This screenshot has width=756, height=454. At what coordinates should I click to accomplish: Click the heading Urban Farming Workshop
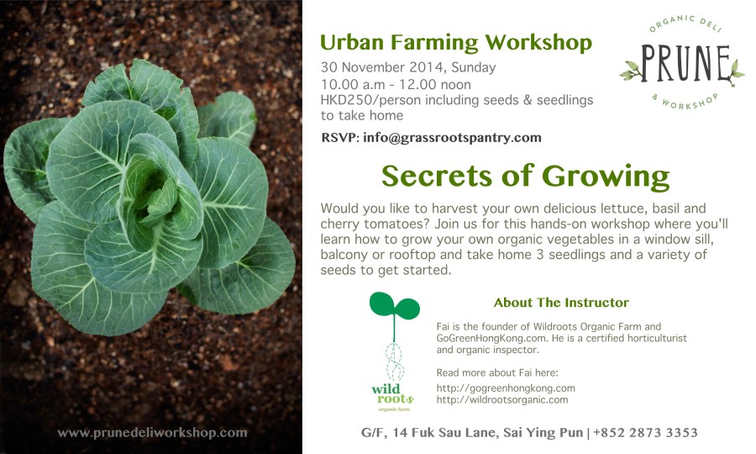click(456, 43)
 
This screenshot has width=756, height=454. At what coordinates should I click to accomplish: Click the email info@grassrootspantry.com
click(452, 137)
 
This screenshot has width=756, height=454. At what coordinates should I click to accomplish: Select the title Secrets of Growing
click(525, 176)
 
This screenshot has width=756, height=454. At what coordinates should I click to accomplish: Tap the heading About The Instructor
click(561, 303)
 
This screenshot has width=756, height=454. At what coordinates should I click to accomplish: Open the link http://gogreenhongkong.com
click(506, 388)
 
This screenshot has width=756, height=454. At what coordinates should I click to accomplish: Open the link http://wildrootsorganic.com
click(502, 399)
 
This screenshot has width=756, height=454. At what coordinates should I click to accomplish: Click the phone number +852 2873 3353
click(645, 433)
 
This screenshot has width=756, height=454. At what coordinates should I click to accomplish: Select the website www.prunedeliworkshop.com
click(152, 433)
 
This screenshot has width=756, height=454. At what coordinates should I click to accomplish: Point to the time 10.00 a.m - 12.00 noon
click(396, 84)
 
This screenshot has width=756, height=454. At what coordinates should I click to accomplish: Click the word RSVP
click(339, 137)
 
